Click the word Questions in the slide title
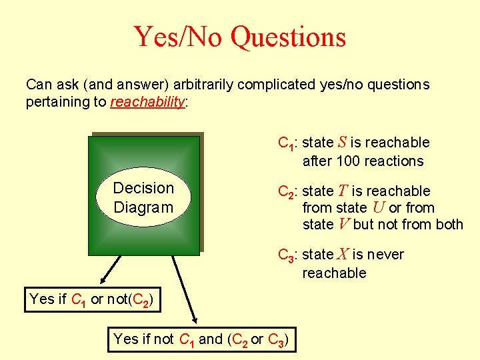288,37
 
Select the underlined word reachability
147,102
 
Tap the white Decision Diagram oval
143,197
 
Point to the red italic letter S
341,142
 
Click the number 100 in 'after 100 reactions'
347,161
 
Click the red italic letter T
342,191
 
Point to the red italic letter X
342,254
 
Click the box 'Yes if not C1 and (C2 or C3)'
201,339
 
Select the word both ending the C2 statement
448,224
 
